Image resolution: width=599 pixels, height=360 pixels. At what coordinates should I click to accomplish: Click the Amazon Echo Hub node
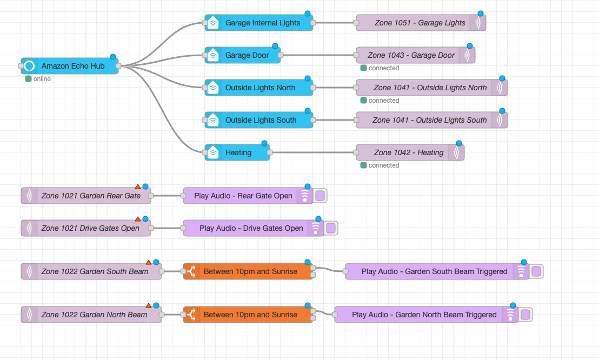73,66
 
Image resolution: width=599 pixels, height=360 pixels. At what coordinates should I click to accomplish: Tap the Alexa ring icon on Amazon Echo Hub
30,66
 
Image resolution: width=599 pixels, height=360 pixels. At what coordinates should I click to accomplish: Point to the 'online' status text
42,79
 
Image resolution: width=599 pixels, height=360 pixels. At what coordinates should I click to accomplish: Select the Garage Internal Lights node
262,23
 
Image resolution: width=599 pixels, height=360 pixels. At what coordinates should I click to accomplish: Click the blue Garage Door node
247,55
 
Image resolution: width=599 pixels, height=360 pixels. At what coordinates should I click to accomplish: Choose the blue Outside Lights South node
261,120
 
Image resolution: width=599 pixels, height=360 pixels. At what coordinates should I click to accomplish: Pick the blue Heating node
238,152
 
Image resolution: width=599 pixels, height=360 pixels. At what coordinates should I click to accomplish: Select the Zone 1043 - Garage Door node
411,55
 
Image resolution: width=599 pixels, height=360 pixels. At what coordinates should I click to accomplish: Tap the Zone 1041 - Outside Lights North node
430,88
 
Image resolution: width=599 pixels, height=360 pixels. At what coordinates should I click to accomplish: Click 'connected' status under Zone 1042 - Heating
383,165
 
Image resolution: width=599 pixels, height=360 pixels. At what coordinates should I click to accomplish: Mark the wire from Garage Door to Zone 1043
319,55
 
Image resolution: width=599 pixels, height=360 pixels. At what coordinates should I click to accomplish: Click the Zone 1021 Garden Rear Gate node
90,196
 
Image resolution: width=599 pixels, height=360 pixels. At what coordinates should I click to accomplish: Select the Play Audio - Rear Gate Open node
243,196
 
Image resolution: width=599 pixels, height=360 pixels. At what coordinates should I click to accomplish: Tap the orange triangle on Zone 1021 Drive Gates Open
138,219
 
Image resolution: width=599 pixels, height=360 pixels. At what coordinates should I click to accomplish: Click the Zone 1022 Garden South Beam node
95,271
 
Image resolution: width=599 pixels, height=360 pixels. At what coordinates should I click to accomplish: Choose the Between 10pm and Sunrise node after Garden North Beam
250,315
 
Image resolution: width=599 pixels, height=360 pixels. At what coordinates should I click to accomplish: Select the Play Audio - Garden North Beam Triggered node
424,315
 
